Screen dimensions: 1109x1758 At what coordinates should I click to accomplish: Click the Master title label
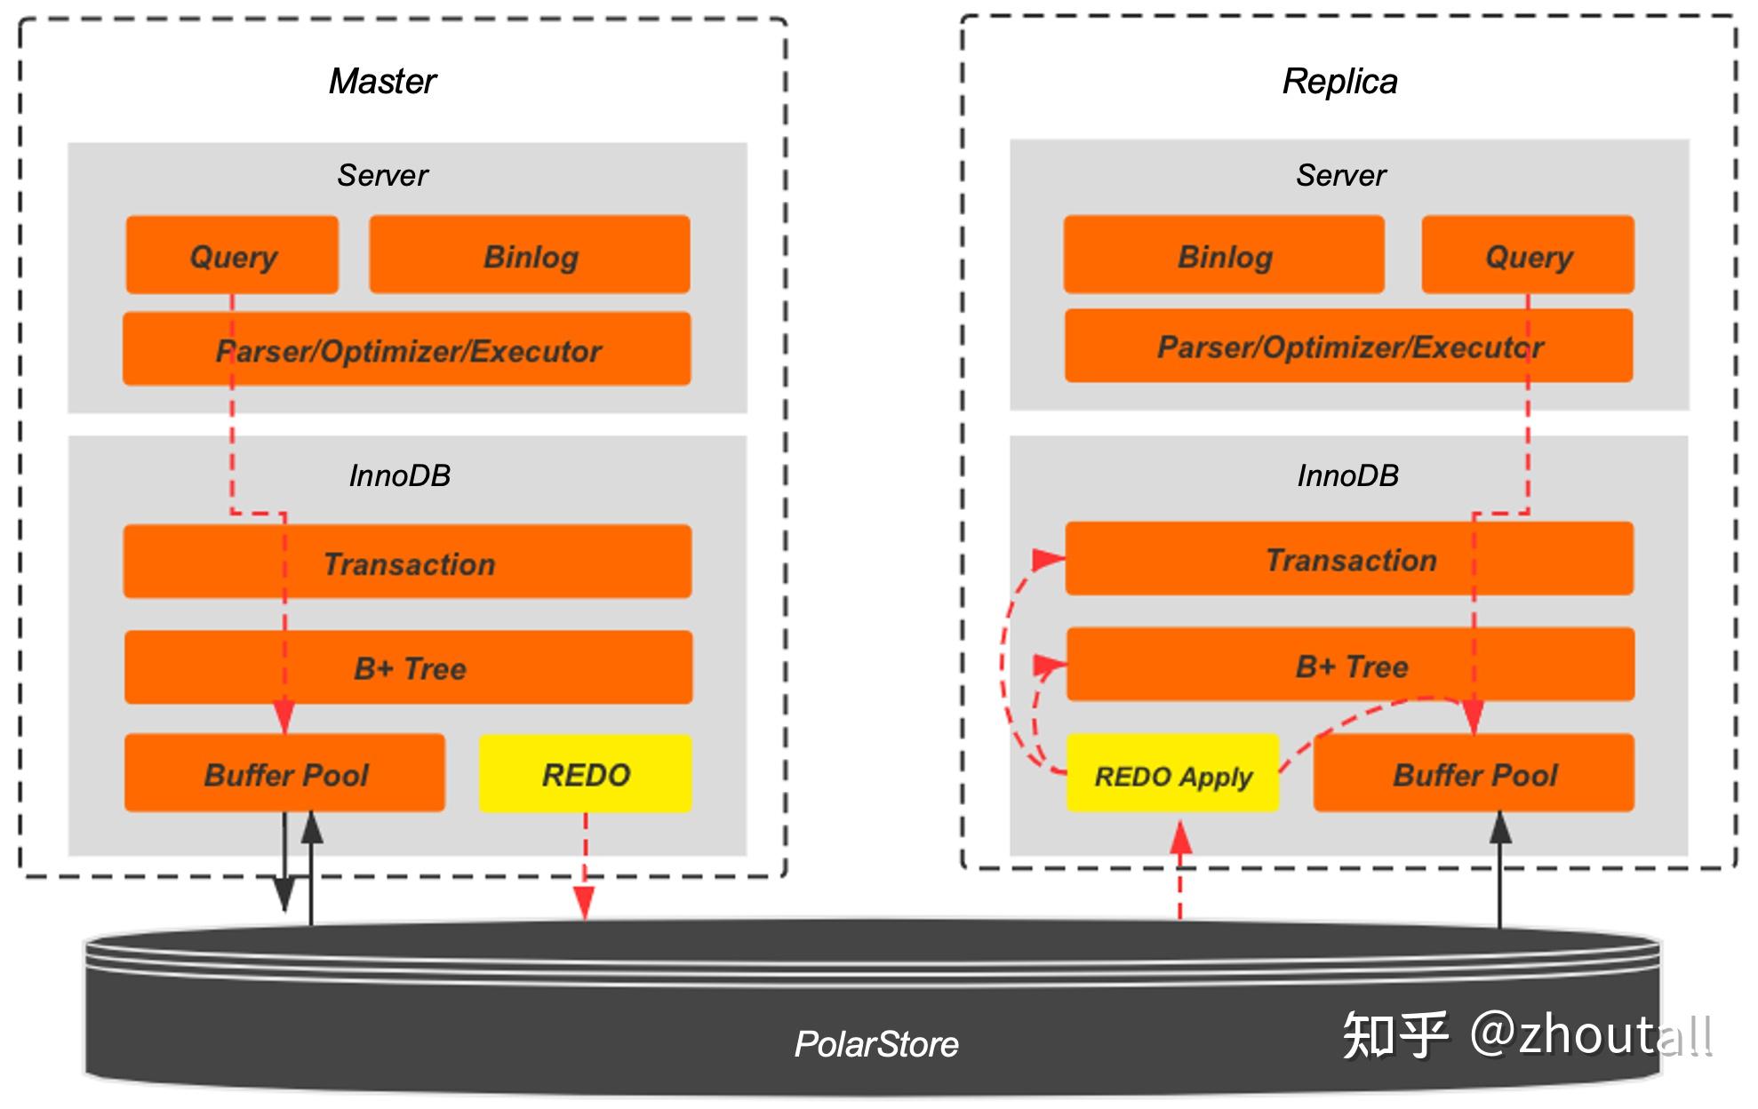pos(382,82)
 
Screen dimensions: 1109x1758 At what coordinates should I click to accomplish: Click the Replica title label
pos(1339,82)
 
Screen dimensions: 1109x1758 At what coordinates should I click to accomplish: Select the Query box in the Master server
pos(232,256)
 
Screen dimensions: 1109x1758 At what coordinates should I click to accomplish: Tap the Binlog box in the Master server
pos(530,256)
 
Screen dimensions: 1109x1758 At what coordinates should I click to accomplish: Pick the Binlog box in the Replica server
pos(1224,256)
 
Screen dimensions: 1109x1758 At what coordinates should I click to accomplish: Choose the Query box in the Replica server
pos(1528,256)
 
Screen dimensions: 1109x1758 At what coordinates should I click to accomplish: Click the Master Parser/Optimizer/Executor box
pos(407,350)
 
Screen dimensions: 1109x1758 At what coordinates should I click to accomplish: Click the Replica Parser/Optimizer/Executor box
pos(1348,347)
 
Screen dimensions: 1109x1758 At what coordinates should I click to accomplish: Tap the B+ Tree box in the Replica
pos(1350,666)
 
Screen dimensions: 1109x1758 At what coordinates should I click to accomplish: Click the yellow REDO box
pos(585,774)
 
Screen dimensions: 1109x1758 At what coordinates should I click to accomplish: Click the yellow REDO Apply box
pos(1172,776)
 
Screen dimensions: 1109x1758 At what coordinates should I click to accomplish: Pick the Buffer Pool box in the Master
pos(284,774)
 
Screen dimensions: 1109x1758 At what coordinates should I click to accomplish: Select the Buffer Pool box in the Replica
pos(1474,774)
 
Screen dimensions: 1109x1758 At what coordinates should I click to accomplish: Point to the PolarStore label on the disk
pos(875,1043)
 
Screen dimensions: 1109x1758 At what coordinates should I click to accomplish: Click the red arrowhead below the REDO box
pos(584,904)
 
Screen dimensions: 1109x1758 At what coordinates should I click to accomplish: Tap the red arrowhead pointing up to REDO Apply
pos(1180,837)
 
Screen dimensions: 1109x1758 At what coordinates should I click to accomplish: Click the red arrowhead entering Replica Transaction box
pos(1049,559)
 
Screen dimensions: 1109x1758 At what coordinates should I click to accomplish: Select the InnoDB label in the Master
pos(399,475)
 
